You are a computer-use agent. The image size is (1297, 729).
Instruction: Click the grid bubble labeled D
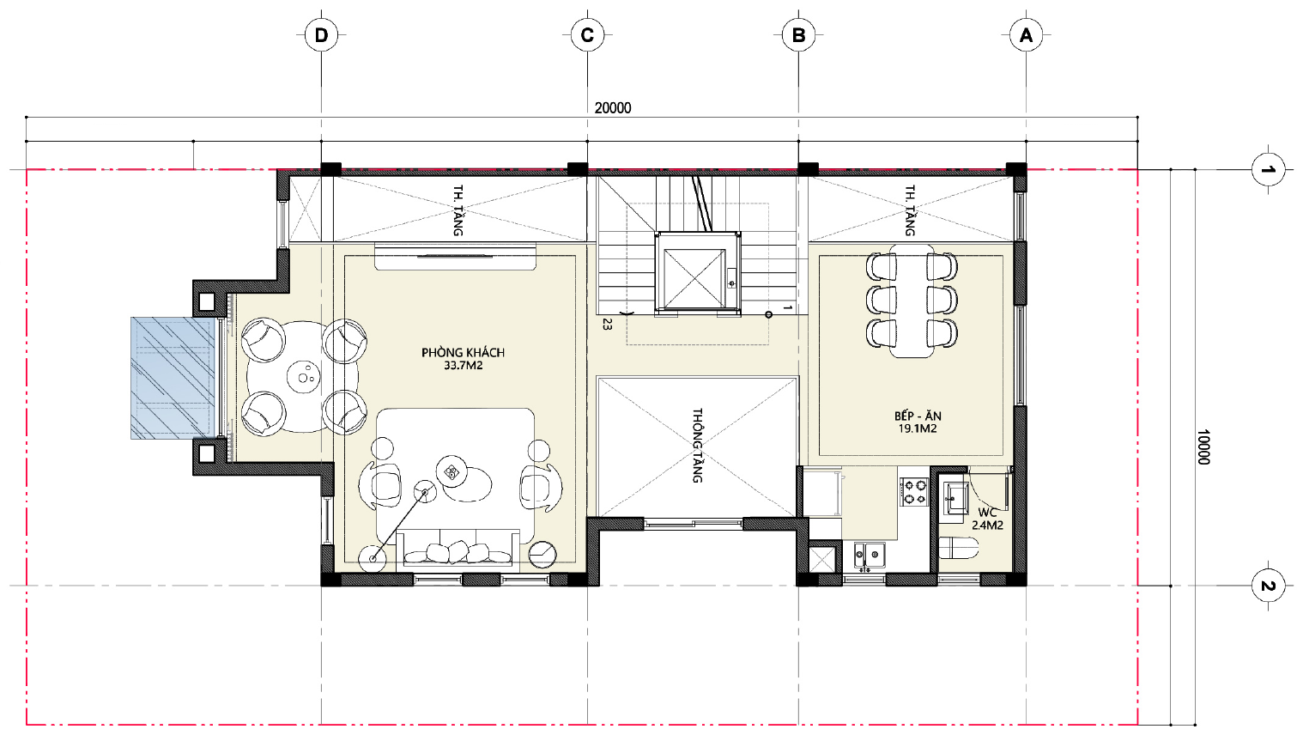321,35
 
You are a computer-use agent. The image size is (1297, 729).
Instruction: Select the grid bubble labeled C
587,35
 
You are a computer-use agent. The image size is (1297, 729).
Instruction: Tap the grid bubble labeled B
798,35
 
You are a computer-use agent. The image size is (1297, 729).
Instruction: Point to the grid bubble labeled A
1026,35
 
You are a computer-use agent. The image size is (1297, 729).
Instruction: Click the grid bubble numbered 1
1268,170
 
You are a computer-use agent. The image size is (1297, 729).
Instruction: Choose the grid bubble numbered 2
1268,586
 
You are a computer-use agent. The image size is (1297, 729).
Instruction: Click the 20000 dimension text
613,108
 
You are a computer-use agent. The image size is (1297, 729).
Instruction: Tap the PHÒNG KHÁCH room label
464,352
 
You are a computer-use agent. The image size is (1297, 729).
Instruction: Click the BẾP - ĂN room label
918,416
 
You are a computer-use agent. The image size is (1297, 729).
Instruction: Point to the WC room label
987,513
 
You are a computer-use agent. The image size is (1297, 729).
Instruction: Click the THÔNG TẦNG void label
697,446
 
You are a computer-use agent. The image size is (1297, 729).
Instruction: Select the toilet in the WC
959,548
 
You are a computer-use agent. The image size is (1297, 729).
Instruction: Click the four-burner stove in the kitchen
913,492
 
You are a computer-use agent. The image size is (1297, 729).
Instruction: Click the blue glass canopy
173,378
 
